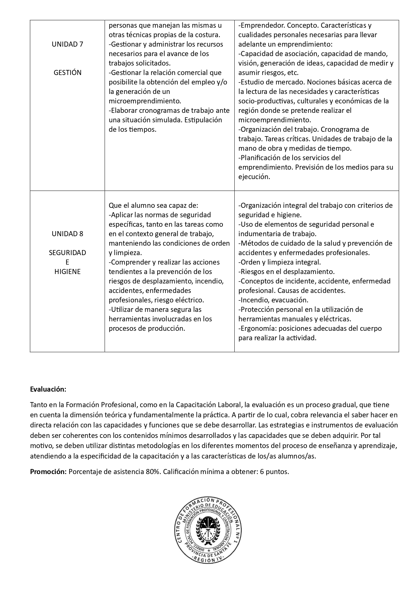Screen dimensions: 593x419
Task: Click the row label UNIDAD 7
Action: (x=68, y=44)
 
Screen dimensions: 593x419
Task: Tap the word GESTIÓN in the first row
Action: (x=68, y=73)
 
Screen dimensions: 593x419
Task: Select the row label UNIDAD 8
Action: (x=68, y=234)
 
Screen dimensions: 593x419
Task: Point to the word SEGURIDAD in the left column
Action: (x=68, y=253)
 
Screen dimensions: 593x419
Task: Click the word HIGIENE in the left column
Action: (x=68, y=272)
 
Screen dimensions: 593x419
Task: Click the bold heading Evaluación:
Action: (x=48, y=389)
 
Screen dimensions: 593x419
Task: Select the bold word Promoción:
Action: (x=48, y=472)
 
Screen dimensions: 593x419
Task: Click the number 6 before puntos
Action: (x=262, y=472)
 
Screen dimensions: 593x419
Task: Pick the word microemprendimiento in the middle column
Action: (x=145, y=101)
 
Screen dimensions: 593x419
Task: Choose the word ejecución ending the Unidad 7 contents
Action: (x=254, y=177)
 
